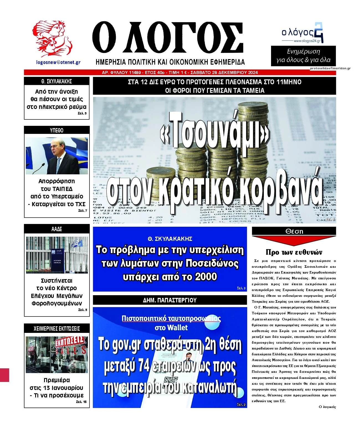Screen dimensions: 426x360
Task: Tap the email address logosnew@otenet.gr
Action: pos(58,62)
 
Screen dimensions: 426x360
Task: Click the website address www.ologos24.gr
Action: pos(307,41)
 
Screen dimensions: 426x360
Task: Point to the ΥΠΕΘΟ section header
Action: pos(57,130)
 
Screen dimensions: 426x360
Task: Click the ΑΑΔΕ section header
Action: pos(57,229)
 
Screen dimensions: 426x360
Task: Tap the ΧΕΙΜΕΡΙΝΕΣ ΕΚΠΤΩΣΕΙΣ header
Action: pos(57,329)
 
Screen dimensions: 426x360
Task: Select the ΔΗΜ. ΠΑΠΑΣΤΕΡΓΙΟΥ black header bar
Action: pos(170,300)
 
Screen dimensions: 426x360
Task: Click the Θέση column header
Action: pos(294,231)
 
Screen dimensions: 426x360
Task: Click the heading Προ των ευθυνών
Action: pos(294,252)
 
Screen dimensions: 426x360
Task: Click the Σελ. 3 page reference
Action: pos(241,288)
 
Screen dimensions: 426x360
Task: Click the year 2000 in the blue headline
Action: pos(206,277)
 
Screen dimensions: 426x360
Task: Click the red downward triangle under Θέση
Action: pos(294,241)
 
